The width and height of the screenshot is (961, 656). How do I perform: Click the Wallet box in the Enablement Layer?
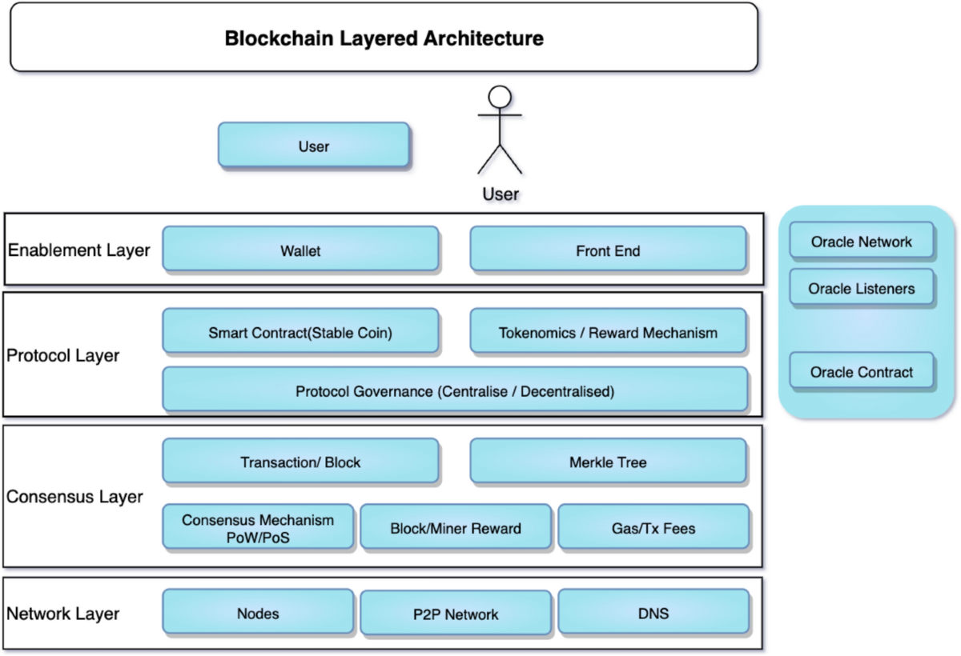click(300, 250)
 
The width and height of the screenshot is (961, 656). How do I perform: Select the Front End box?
click(608, 250)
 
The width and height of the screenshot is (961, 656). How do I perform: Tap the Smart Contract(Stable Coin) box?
click(300, 332)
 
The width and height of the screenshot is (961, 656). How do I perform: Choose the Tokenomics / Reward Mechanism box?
click(608, 332)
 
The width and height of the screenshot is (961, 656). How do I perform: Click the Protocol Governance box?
click(454, 391)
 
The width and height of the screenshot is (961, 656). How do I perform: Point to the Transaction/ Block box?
click(300, 462)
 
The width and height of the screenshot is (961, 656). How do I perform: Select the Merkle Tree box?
click(608, 462)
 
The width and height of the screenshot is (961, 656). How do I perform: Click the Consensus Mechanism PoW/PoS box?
click(258, 527)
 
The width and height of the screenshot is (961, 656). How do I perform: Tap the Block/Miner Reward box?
click(456, 527)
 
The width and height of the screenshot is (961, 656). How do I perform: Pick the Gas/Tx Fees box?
click(653, 527)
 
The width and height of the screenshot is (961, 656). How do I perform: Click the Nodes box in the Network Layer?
click(258, 613)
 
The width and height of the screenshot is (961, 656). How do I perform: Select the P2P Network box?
click(456, 613)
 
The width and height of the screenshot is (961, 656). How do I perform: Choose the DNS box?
click(653, 613)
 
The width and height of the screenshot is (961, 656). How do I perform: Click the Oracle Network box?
click(861, 242)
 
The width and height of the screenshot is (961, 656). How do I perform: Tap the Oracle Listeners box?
click(861, 288)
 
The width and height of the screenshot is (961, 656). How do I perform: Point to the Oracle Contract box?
click(861, 372)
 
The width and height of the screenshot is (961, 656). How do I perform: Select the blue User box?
click(313, 146)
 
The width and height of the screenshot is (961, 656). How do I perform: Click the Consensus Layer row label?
click(74, 496)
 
